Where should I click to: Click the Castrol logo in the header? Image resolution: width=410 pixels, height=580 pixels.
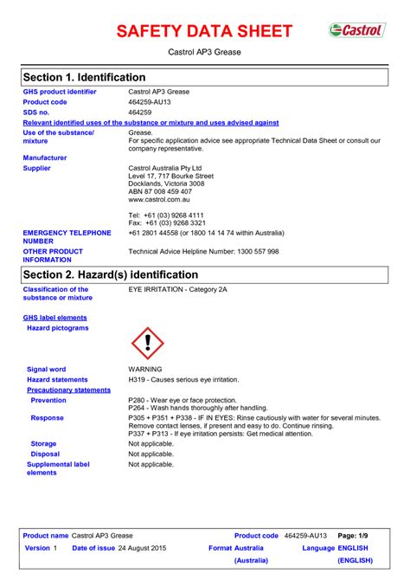pyautogui.click(x=356, y=30)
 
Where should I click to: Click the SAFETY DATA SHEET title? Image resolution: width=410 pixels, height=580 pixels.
pyautogui.click(x=204, y=31)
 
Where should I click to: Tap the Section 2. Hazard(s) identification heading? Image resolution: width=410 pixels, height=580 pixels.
pyautogui.click(x=112, y=274)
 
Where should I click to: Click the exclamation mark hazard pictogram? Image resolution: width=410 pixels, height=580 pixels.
pyautogui.click(x=147, y=343)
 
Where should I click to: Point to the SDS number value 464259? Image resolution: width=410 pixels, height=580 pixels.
pyautogui.click(x=140, y=113)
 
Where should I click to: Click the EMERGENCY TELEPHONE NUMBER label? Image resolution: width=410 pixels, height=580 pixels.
pyautogui.click(x=67, y=237)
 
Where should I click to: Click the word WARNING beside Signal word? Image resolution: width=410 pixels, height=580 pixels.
pyautogui.click(x=145, y=369)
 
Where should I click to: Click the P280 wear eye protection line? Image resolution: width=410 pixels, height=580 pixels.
pyautogui.click(x=182, y=400)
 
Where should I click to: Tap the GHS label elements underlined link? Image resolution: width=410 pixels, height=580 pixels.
pyautogui.click(x=54, y=318)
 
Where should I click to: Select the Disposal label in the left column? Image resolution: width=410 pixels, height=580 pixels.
pyautogui.click(x=45, y=454)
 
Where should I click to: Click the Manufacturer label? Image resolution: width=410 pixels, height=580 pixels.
pyautogui.click(x=44, y=158)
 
